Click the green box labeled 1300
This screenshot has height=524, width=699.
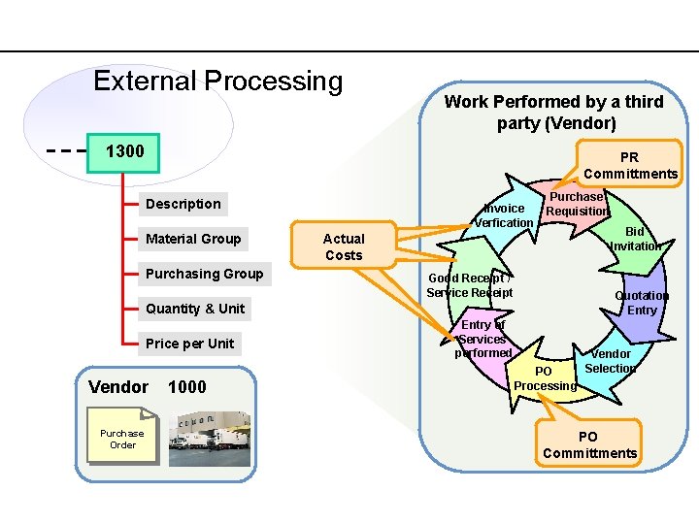123,152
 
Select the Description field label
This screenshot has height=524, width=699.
183,204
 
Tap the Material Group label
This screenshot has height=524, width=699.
193,239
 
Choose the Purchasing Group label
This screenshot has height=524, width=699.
204,274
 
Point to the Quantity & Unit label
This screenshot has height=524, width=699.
195,309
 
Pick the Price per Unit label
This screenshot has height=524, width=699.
189,344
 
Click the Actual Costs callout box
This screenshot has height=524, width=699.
344,246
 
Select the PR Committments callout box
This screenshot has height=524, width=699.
630,165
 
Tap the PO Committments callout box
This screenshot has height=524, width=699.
590,444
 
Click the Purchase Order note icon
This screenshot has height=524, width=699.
122,440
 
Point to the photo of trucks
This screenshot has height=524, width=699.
209,439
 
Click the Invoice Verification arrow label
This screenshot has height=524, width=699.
504,215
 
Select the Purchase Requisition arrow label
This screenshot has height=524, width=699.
577,204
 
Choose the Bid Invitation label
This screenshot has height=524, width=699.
635,239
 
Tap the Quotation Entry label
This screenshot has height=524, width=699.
642,303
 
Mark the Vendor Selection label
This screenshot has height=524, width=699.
611,361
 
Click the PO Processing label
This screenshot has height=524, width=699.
545,378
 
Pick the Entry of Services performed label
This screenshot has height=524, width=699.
483,339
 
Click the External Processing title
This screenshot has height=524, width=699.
217,82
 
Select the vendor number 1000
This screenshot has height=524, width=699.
187,387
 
